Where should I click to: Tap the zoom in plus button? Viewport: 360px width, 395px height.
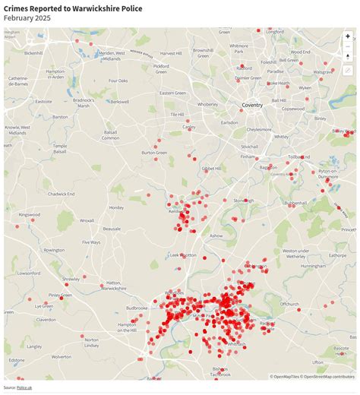pyautogui.click(x=348, y=36)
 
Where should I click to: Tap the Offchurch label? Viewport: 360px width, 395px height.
pyautogui.click(x=289, y=304)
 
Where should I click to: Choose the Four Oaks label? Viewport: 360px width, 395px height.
pyautogui.click(x=118, y=81)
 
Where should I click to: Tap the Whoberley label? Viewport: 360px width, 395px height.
pyautogui.click(x=207, y=104)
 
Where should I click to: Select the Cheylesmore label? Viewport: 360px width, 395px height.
pyautogui.click(x=258, y=129)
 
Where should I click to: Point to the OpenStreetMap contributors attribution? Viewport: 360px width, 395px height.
pyautogui.click(x=328, y=376)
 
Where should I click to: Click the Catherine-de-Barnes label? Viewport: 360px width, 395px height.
pyautogui.click(x=19, y=81)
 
